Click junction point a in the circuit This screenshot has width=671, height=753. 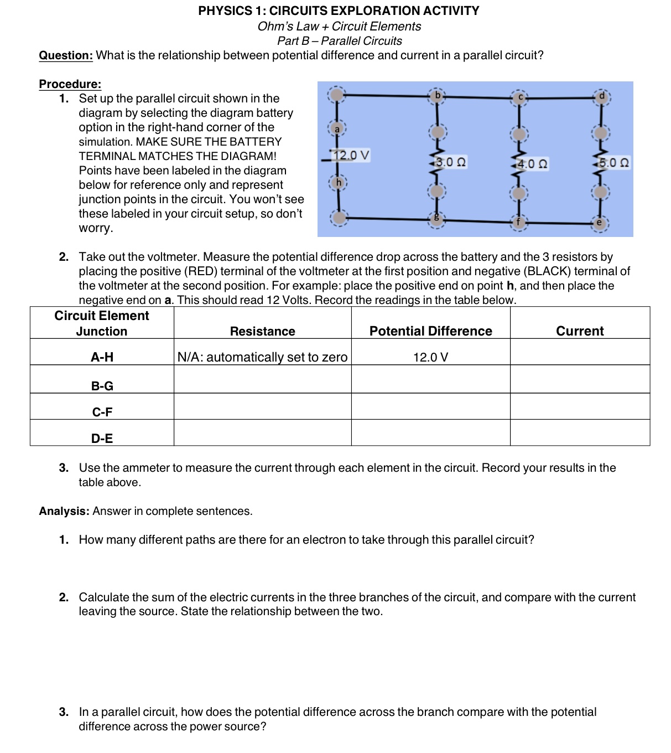coord(337,128)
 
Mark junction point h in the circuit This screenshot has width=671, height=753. coord(339,182)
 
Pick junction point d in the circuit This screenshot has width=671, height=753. coord(602,96)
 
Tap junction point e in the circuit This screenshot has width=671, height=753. coord(599,223)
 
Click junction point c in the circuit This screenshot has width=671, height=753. coord(519,97)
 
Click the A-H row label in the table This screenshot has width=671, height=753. coord(102,357)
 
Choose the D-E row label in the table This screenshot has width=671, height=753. coord(102,439)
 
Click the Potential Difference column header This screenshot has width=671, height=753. coord(430,331)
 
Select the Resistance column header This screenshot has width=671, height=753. coord(262,331)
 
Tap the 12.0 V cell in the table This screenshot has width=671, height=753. coord(430,357)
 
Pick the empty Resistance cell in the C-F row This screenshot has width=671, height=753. coord(262,406)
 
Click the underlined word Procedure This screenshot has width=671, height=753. coord(70,84)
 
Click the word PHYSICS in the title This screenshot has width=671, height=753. coord(225,11)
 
